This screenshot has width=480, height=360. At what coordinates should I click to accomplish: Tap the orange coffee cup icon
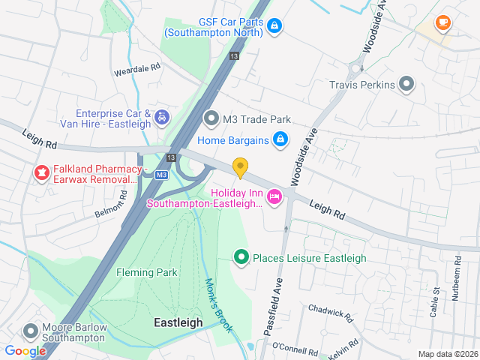click(442, 22)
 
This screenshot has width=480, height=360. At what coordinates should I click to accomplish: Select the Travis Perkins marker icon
click(407, 84)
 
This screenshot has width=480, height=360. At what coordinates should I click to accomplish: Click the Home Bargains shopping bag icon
click(280, 139)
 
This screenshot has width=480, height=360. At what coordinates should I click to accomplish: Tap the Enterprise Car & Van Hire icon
click(161, 117)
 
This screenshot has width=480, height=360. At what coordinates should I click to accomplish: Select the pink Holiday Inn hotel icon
click(274, 196)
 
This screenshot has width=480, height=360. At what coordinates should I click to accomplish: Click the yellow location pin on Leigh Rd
click(240, 167)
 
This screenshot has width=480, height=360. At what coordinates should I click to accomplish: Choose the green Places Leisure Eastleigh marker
click(241, 258)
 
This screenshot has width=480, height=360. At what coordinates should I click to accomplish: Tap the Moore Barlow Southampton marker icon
click(31, 330)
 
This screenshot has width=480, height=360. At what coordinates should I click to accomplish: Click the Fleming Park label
click(147, 272)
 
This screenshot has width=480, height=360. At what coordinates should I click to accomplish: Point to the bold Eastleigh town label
click(178, 322)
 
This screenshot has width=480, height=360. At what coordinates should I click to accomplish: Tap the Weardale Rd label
click(137, 67)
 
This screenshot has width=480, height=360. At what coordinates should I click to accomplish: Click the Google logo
click(25, 350)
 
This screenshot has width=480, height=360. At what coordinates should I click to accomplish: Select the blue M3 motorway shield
click(161, 175)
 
